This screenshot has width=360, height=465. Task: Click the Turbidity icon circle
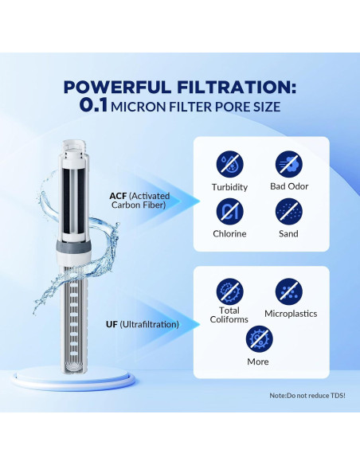[x=229, y=164]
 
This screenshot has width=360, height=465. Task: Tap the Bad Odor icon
[x=289, y=164]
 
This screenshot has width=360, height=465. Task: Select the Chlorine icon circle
[x=229, y=210]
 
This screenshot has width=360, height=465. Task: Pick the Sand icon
[x=289, y=210]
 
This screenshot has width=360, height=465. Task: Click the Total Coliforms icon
[x=229, y=288]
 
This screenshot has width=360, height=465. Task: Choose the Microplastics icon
[x=289, y=291]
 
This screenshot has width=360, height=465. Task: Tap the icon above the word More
[x=257, y=338]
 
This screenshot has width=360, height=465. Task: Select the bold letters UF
[x=112, y=324]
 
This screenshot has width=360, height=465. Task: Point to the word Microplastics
[x=290, y=314]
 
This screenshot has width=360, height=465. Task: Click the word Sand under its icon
[x=289, y=234]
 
